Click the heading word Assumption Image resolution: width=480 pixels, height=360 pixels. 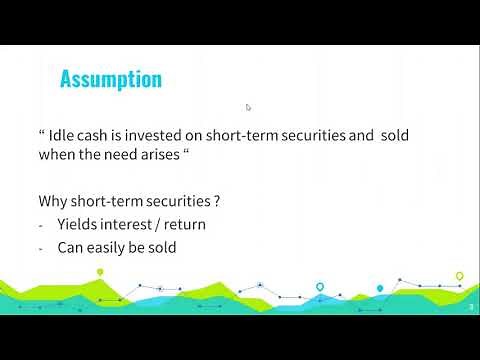[111, 79]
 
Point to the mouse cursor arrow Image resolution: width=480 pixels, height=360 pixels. [248, 107]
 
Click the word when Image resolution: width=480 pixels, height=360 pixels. [57, 155]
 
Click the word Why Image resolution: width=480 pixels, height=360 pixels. [53, 200]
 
